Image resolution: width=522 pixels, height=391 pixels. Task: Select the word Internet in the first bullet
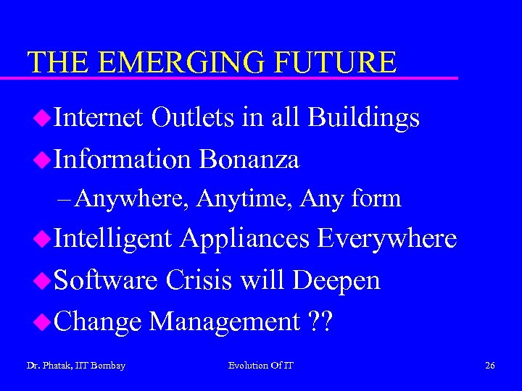pos(99,117)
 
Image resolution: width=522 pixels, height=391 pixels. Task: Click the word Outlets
pos(193,117)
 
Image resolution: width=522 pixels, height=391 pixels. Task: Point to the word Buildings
pos(363,117)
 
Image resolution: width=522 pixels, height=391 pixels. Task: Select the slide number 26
pos(490,366)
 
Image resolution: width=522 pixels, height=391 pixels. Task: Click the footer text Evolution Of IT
pos(261,366)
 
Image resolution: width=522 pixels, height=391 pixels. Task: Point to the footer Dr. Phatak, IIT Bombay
pos(75,366)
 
